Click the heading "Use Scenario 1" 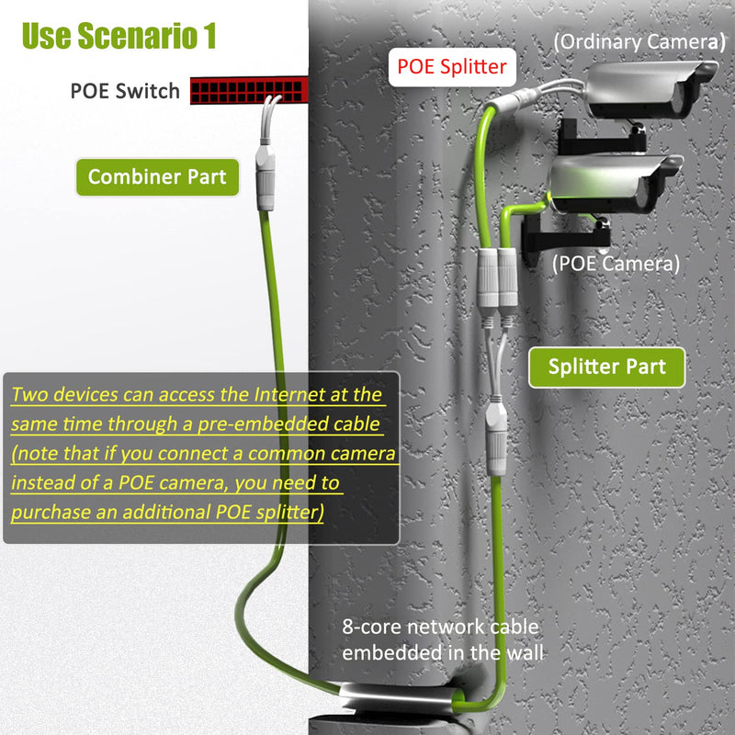(119, 36)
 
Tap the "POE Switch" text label (125, 92)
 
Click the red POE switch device (247, 89)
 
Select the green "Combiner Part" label (158, 176)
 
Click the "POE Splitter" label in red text (451, 67)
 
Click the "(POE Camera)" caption (616, 264)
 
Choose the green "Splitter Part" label (607, 366)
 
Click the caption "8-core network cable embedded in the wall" (441, 639)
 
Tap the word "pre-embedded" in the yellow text (262, 425)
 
